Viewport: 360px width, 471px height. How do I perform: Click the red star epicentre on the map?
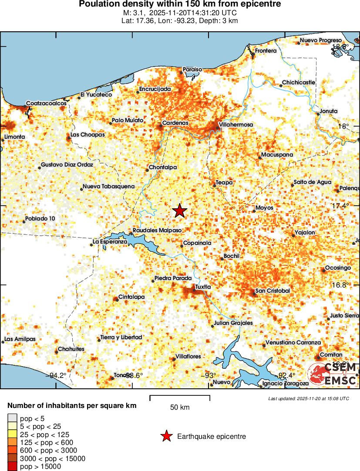tap(179, 211)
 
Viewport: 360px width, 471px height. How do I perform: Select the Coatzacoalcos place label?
tap(46, 104)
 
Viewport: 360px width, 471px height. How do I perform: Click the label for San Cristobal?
tap(273, 291)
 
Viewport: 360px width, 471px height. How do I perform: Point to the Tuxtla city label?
tap(203, 287)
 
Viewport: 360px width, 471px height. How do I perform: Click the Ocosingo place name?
tap(338, 268)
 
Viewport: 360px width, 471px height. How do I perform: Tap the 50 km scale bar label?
tap(179, 408)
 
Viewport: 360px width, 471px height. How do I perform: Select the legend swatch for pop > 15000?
tap(12, 467)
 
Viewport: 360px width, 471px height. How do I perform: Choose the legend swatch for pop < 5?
tap(12, 418)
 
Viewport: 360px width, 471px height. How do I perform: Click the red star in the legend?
tap(166, 436)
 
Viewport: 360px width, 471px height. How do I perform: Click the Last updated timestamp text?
tap(309, 398)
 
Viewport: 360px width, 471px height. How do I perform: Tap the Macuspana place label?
tap(277, 155)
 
